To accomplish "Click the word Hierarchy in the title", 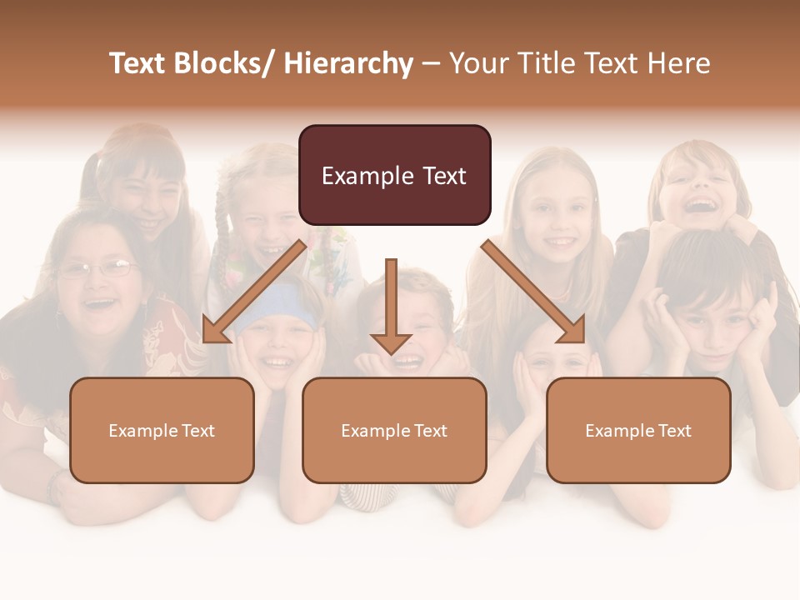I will pos(348,63).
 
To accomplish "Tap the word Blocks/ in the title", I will pos(222,63).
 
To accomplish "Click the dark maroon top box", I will pos(394,175).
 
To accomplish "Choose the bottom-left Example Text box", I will pos(162,430).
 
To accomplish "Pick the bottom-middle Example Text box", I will pos(394,430).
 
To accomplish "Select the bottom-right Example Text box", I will pos(638,430).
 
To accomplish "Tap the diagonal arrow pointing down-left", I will pos(254,292).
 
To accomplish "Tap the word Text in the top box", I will pos(444,176).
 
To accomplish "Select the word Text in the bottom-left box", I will pos(198,431).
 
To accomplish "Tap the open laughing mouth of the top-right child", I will pos(702,204).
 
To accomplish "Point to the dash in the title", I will pos(431,64).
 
